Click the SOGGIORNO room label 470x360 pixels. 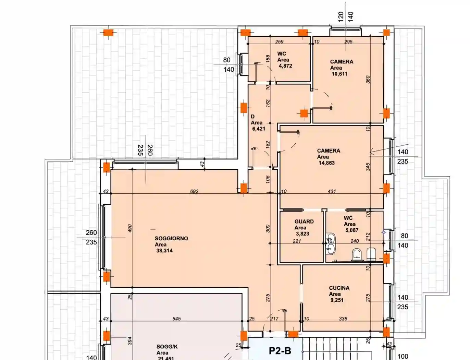(171, 238)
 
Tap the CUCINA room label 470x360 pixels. (339, 288)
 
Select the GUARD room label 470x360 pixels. (304, 221)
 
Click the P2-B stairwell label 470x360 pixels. (280, 351)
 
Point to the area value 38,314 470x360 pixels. (164, 251)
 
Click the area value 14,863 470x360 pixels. (326, 163)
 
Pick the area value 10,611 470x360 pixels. (339, 74)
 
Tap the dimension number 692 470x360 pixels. (194, 191)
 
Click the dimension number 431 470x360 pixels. (332, 191)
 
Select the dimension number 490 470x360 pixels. (129, 228)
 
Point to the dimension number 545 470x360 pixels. (176, 319)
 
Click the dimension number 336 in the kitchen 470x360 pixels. (343, 319)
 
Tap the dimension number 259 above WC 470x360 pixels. (279, 41)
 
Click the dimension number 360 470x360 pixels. (368, 80)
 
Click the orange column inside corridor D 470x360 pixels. (304, 113)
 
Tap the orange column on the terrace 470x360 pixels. (108, 33)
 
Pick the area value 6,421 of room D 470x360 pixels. (259, 129)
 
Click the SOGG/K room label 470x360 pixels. (167, 347)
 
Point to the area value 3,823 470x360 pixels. (302, 233)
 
